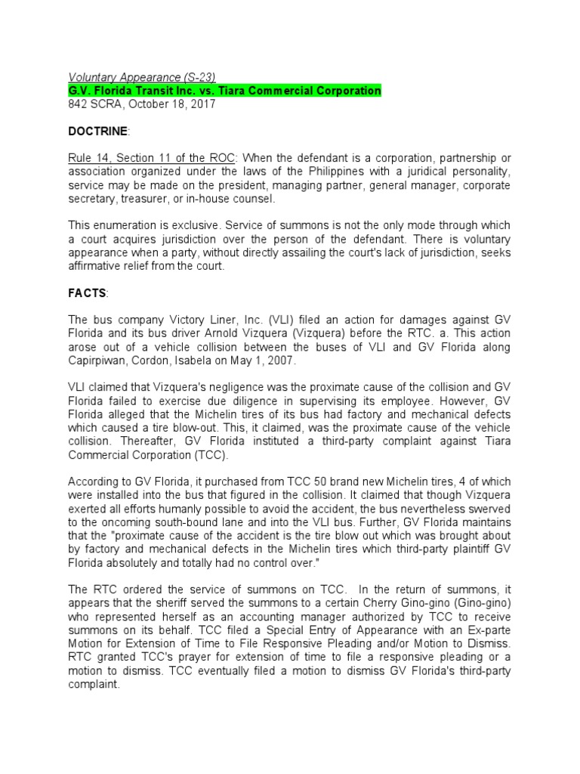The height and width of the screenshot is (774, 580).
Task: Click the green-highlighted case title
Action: coord(224,91)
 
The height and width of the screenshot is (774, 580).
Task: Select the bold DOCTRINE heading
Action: coord(99,132)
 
